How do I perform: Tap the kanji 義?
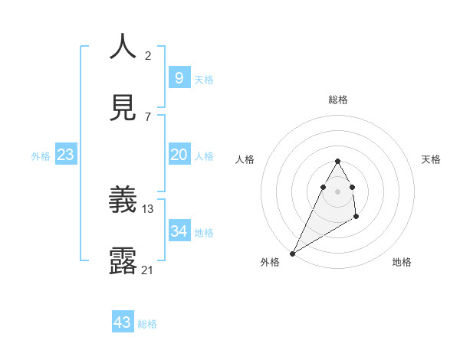(x=123, y=200)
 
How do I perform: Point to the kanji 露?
(x=123, y=260)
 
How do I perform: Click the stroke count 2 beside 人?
(x=148, y=55)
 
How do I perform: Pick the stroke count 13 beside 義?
(x=148, y=208)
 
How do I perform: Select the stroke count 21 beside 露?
(x=148, y=269)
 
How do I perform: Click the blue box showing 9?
(x=179, y=77)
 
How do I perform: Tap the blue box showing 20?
(x=179, y=155)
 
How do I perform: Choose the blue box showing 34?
(x=179, y=231)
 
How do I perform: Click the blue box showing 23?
(x=65, y=155)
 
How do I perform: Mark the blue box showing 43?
(x=122, y=322)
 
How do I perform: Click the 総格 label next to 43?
(x=147, y=324)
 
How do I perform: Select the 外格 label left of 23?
(x=41, y=156)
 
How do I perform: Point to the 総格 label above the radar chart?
(x=338, y=100)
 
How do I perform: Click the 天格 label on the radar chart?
(x=432, y=159)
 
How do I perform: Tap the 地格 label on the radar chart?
(x=402, y=262)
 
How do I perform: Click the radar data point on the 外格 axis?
(x=292, y=254)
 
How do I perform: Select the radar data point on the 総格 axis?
(x=337, y=161)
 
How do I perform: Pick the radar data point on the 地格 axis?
(x=356, y=218)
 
